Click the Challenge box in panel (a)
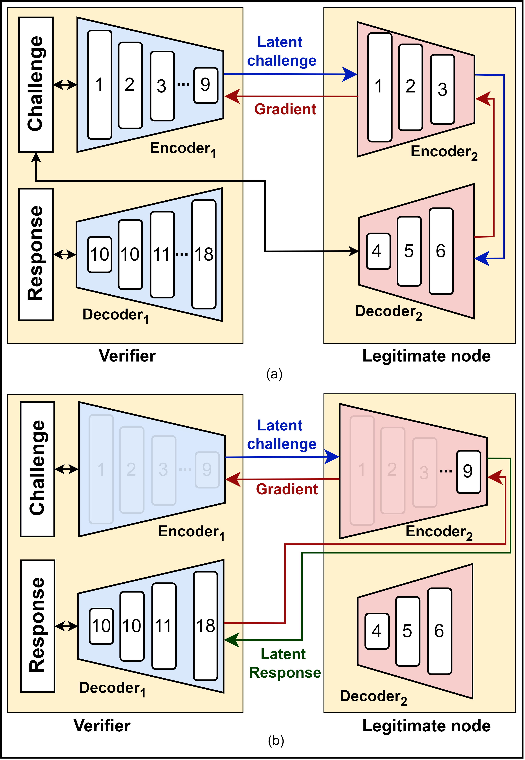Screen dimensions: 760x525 pos(36,84)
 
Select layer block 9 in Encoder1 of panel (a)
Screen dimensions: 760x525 pos(206,85)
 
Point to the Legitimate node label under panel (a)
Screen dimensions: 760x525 pos(426,356)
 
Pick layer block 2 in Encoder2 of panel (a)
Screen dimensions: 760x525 pos(410,87)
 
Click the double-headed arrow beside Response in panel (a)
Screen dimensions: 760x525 pos(65,254)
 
